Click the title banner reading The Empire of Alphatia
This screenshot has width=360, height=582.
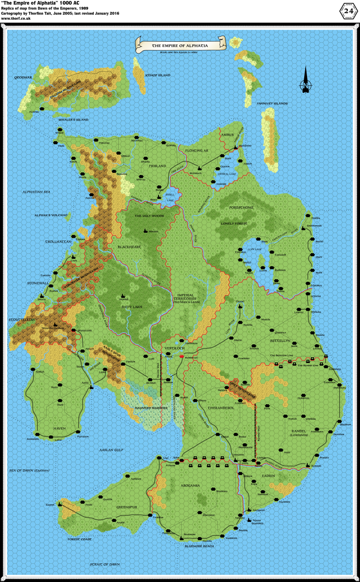point(180,45)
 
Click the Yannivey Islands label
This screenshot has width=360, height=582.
point(272,103)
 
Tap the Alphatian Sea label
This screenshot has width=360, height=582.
point(36,192)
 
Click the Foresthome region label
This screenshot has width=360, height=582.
point(241,207)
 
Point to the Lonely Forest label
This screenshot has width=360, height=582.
point(234,224)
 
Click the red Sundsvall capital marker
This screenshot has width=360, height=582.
point(181,356)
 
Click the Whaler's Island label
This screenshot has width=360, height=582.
point(73,120)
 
